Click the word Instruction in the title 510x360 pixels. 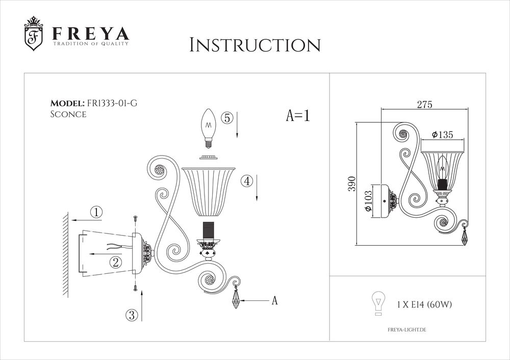click(x=254, y=45)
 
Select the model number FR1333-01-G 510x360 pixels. click(x=112, y=103)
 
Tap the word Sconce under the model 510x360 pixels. click(x=68, y=114)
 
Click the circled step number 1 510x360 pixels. click(x=96, y=212)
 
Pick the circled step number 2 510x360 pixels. click(x=116, y=262)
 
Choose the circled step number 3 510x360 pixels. click(x=132, y=315)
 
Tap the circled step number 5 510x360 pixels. click(x=227, y=117)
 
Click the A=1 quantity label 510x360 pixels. click(x=298, y=116)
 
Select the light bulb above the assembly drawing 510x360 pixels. click(x=208, y=125)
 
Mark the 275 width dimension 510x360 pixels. click(x=424, y=105)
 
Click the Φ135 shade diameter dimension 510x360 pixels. click(x=442, y=135)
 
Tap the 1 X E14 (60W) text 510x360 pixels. click(x=424, y=304)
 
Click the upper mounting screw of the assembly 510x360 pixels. click(x=135, y=218)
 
